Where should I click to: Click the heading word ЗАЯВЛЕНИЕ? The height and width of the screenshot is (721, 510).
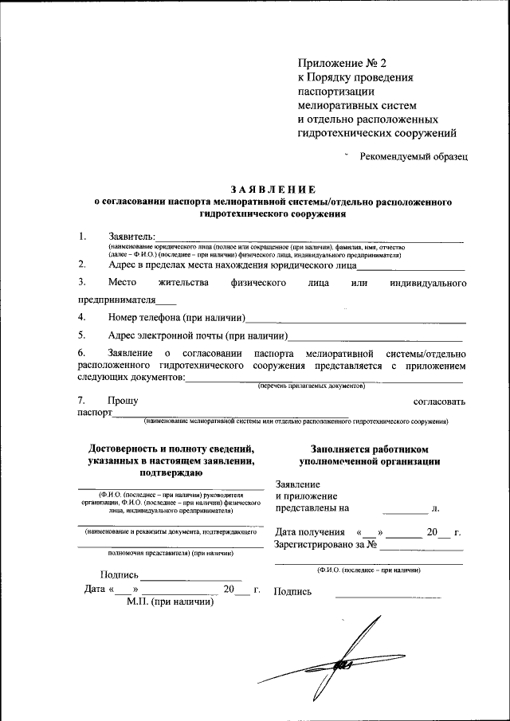(x=273, y=190)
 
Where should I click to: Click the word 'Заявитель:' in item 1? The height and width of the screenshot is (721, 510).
(x=132, y=237)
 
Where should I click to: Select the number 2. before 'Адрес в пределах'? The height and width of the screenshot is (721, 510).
(x=82, y=264)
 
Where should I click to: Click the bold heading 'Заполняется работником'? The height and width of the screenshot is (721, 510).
(x=369, y=449)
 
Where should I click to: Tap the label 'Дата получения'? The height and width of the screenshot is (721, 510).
(x=310, y=532)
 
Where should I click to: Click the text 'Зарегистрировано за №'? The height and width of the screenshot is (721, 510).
(x=324, y=546)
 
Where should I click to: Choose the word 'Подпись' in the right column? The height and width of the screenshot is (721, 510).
(x=292, y=591)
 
